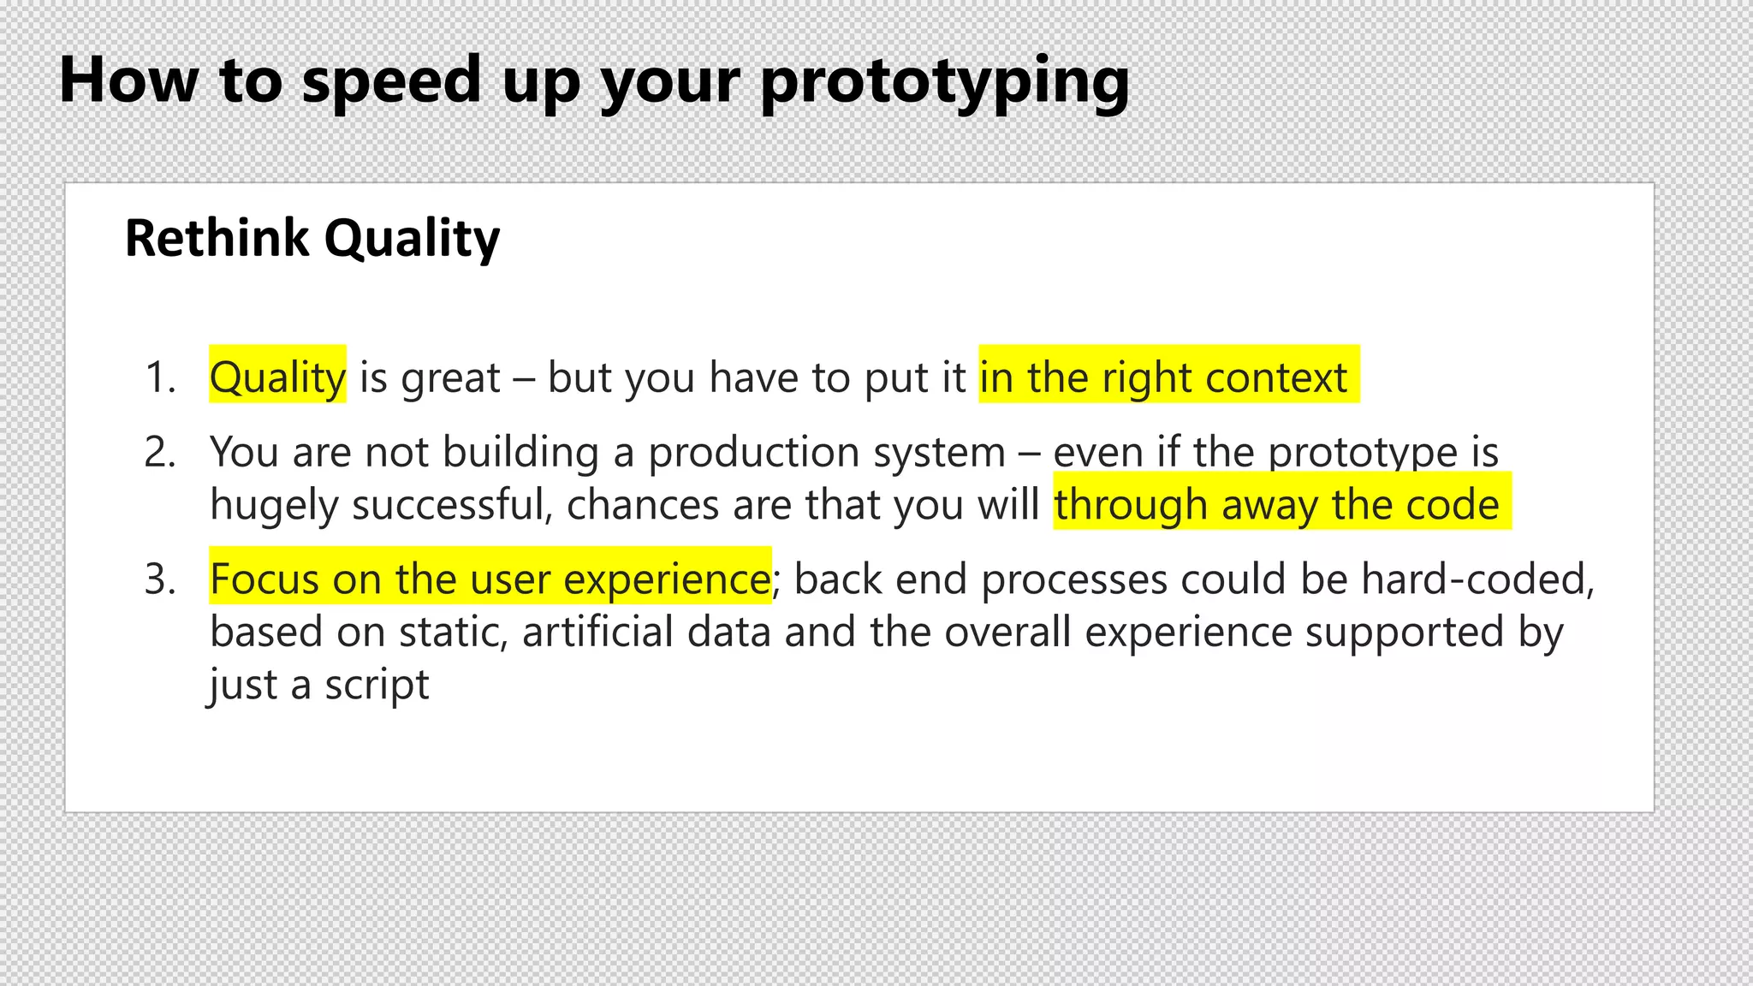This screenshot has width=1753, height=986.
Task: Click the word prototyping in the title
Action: click(945, 82)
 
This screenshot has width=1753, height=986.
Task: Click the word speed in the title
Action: click(391, 82)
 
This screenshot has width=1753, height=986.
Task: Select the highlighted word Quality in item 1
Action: click(277, 377)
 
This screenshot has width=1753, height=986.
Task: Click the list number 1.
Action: click(160, 377)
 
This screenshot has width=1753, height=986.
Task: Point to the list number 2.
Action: click(160, 452)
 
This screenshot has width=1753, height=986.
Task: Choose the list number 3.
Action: click(160, 579)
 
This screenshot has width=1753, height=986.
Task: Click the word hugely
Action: click(274, 505)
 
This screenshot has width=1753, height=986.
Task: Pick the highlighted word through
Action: click(1130, 505)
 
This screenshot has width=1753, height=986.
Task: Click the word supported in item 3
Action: click(1405, 633)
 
